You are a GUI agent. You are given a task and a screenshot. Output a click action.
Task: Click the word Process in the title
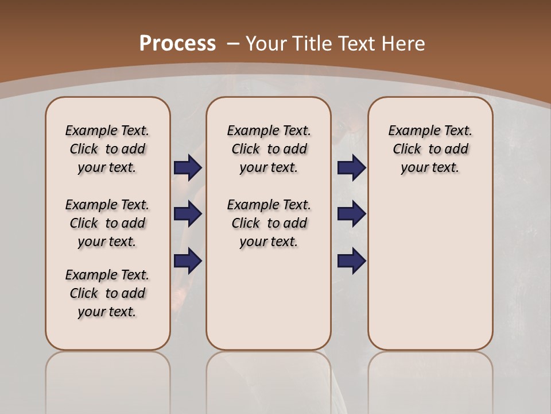pyautogui.click(x=177, y=43)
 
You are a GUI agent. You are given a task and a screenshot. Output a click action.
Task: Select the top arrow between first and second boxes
pyautogui.click(x=188, y=167)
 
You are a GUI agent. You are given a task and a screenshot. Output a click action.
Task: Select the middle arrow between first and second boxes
pyautogui.click(x=188, y=214)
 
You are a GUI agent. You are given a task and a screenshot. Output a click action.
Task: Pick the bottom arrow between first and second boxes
pyautogui.click(x=188, y=261)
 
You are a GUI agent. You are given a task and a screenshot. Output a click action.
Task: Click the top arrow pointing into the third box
pyautogui.click(x=351, y=167)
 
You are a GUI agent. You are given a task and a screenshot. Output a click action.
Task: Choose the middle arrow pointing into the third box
pyautogui.click(x=351, y=214)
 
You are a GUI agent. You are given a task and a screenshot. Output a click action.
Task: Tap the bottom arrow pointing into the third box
pyautogui.click(x=351, y=261)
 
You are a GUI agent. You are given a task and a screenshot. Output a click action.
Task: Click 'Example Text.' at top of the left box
pyautogui.click(x=107, y=131)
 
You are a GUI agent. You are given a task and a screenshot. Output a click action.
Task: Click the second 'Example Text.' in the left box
pyautogui.click(x=107, y=205)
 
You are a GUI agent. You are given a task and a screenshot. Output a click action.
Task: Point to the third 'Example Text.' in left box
pyautogui.click(x=107, y=275)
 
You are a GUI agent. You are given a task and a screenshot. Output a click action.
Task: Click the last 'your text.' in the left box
pyautogui.click(x=107, y=312)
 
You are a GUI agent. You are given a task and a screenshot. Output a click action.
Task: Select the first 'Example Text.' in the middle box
pyautogui.click(x=269, y=131)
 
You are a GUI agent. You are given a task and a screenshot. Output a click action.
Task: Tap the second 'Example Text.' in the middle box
pyautogui.click(x=269, y=205)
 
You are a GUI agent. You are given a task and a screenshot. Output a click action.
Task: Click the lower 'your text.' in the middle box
pyautogui.click(x=269, y=241)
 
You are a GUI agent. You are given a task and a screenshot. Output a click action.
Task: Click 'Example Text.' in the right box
pyautogui.click(x=430, y=131)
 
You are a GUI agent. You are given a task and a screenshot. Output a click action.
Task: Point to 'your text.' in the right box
pyautogui.click(x=430, y=167)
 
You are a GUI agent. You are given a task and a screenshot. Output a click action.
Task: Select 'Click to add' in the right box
pyautogui.click(x=430, y=149)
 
